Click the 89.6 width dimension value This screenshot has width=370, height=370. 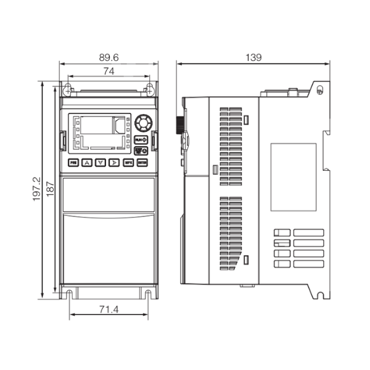click(109, 57)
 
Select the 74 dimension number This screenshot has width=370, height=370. click(109, 71)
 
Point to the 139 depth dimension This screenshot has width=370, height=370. click(253, 57)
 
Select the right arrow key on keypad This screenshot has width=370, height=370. click(114, 162)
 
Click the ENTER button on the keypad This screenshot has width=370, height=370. click(142, 162)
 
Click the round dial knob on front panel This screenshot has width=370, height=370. click(142, 121)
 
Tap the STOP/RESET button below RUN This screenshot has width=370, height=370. click(141, 149)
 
